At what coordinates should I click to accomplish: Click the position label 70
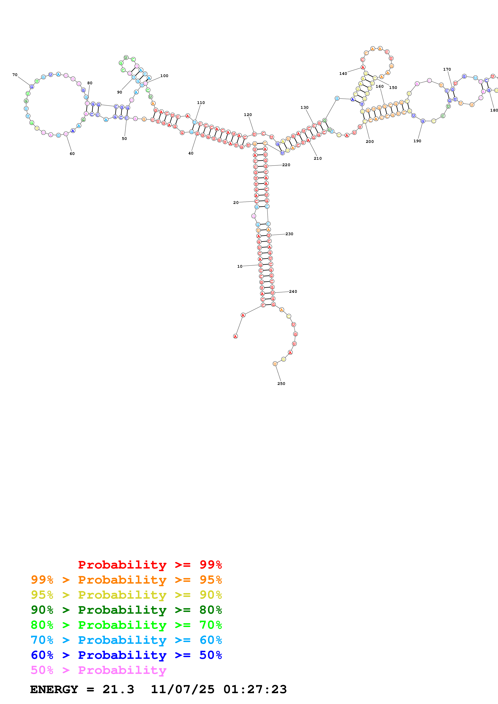(x=15, y=75)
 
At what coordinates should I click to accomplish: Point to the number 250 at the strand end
(x=281, y=384)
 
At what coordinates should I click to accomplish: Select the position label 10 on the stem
(x=240, y=267)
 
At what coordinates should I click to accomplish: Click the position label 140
(x=343, y=74)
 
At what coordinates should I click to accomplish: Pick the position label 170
(x=447, y=69)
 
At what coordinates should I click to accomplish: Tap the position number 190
(x=417, y=141)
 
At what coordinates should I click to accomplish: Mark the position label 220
(x=286, y=165)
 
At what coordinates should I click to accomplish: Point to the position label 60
(x=72, y=154)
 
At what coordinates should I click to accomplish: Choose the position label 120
(x=248, y=115)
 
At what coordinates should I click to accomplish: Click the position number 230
(x=289, y=234)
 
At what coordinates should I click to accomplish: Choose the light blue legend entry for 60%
(x=126, y=640)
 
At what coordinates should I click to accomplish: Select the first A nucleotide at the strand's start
(x=235, y=336)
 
